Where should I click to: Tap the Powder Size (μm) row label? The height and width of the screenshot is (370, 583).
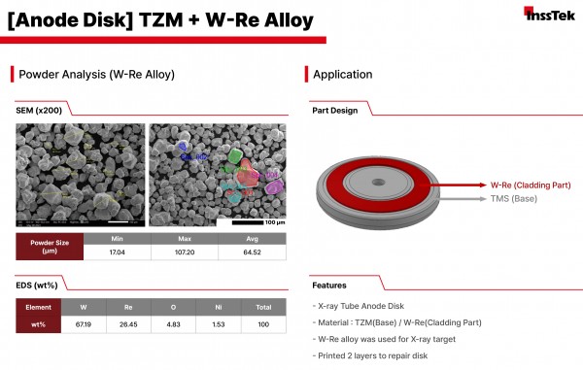click(x=50, y=246)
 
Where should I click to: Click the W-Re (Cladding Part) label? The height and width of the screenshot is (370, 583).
click(x=530, y=183)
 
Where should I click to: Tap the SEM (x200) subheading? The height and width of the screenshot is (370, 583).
click(x=38, y=111)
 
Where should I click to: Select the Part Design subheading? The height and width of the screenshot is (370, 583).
click(x=334, y=111)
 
